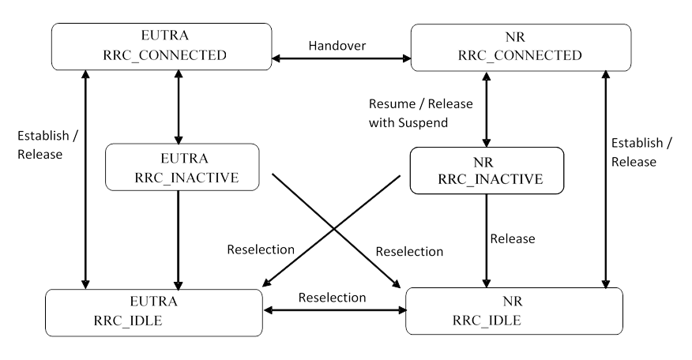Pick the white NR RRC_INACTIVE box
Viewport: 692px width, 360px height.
[x=486, y=170]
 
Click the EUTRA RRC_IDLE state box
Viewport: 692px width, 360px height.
[x=153, y=311]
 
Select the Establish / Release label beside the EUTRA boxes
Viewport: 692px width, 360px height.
[x=39, y=144]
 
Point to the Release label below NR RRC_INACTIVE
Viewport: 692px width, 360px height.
[x=513, y=238]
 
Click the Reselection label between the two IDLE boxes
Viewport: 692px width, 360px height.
[x=333, y=297]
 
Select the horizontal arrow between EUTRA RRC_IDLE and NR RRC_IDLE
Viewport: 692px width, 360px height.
[x=333, y=309]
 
